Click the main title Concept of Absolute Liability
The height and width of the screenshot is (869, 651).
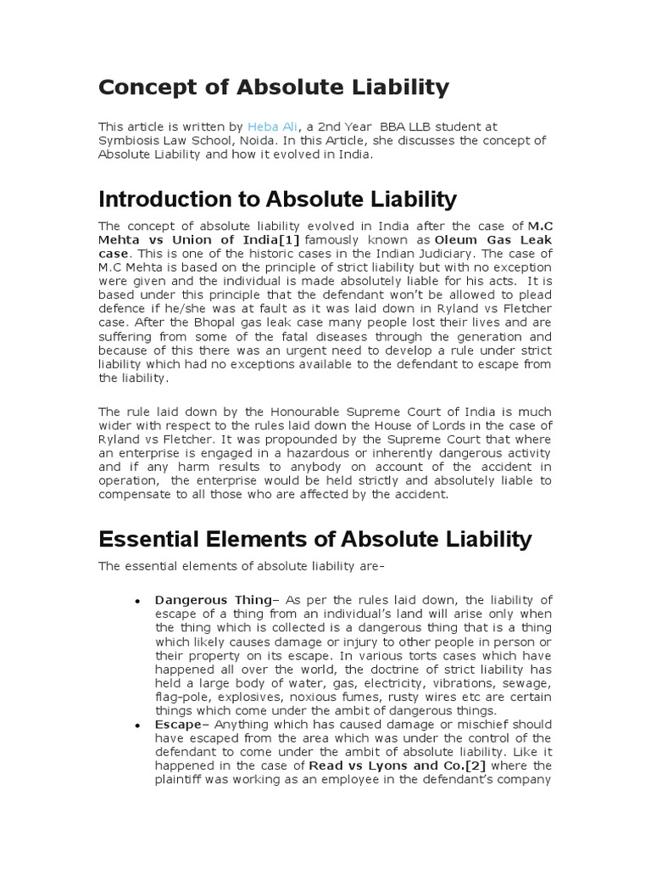(274, 87)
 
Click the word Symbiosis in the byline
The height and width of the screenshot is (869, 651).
(130, 140)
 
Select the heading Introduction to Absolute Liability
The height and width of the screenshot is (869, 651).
(277, 199)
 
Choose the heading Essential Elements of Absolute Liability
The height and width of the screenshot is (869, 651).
(315, 539)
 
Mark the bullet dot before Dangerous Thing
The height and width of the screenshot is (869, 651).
(136, 601)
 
